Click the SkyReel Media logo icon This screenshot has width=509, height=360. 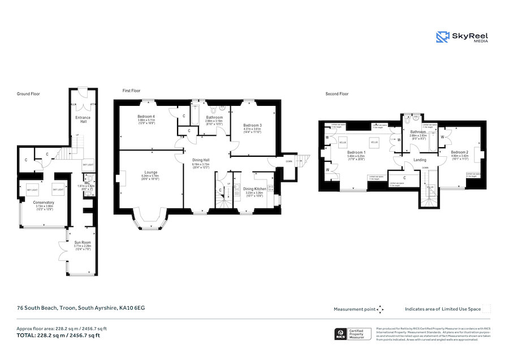pos(443,37)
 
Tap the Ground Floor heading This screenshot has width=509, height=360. pos(28,94)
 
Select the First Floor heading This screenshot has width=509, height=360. pos(132,90)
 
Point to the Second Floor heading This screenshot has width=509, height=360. pos(337,94)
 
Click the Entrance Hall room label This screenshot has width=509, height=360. pos(83,118)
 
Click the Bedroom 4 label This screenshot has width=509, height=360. pos(146,117)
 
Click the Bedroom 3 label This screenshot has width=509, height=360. pos(252,125)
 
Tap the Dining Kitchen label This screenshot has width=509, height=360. pos(255,188)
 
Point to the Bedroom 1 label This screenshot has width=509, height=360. pos(356,152)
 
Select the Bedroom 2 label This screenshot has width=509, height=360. pos(459,152)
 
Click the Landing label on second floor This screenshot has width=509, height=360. pos(420,160)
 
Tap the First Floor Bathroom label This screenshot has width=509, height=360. pos(214,117)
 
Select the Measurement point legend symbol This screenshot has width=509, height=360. pos(380,309)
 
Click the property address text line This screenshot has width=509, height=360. pos(81,308)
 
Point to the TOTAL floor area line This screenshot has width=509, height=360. pos(59,335)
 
